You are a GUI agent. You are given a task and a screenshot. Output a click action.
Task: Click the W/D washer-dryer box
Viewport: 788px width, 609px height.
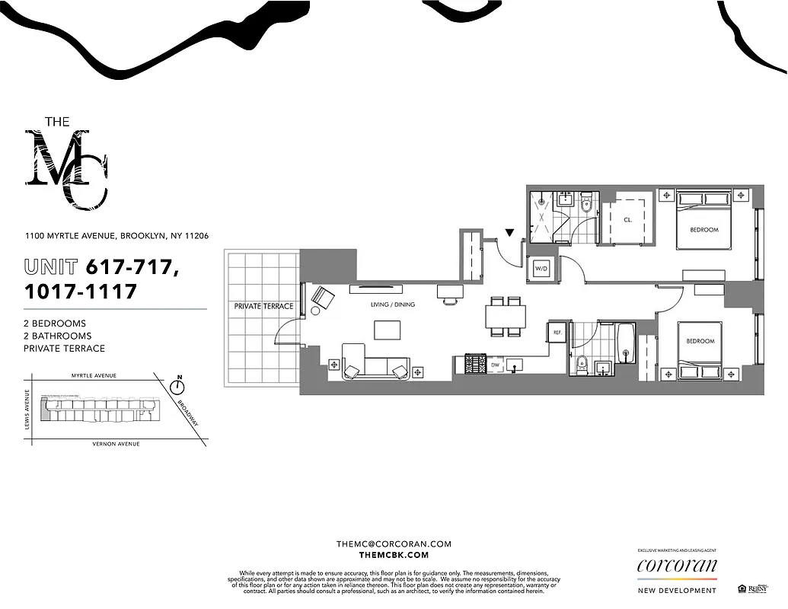[x=541, y=268]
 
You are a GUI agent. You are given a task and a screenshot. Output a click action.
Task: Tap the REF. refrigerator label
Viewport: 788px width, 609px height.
[x=557, y=332]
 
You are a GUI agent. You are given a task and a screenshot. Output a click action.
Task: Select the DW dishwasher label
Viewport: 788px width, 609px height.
[x=495, y=365]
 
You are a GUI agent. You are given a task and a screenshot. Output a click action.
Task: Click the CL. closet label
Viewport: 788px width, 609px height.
[x=628, y=219]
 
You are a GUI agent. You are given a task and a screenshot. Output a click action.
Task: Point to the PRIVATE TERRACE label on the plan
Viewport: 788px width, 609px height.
[x=263, y=306]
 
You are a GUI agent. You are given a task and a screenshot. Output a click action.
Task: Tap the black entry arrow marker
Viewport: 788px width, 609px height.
[x=509, y=232]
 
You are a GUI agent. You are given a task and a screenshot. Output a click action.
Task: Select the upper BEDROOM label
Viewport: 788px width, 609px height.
[x=703, y=230]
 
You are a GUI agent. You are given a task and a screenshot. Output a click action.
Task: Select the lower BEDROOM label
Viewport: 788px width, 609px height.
[x=700, y=341]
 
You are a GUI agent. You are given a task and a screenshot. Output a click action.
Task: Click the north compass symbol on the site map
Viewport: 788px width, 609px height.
[x=180, y=386]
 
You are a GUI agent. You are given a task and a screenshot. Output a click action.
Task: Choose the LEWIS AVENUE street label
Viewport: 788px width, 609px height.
[x=27, y=410]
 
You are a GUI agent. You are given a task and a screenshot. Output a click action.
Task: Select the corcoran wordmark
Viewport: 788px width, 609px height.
[x=677, y=566]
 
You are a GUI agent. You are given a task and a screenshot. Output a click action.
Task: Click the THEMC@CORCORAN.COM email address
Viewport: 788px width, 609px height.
[x=394, y=544]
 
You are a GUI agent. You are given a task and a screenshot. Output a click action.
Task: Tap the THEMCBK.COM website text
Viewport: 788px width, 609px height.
[x=394, y=556]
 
